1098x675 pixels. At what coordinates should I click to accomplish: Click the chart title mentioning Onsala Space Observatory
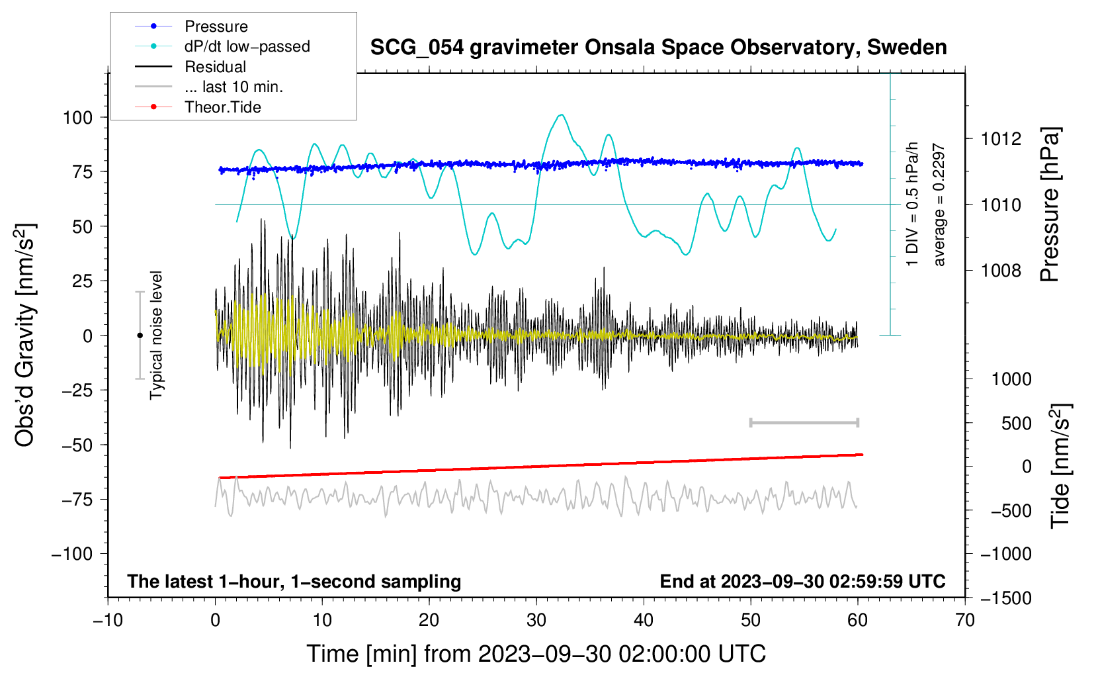coord(658,48)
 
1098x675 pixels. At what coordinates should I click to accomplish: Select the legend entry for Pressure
coord(216,26)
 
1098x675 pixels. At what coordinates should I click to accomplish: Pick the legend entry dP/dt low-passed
coord(247,46)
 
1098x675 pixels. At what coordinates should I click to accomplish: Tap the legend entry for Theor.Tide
coord(222,107)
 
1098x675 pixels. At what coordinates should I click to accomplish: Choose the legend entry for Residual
coord(215,67)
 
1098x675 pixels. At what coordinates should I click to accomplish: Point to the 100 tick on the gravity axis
coord(77,118)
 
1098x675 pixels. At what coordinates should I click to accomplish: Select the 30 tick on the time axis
coord(536,620)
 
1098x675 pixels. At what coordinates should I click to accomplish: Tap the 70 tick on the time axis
coord(965,620)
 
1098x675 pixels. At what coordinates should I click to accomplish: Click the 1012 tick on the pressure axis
coord(1001,139)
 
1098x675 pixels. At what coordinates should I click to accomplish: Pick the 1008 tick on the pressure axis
coord(1001,270)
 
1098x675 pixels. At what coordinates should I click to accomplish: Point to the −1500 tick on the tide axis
coord(1005,598)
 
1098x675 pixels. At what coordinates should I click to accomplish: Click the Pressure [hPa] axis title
coord(1050,205)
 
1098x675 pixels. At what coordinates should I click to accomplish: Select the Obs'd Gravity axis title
coord(25,336)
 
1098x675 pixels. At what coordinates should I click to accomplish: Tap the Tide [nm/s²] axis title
coord(1060,467)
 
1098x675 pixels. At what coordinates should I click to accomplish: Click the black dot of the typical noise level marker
coord(140,336)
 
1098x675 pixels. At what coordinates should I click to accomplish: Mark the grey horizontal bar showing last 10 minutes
coord(804,422)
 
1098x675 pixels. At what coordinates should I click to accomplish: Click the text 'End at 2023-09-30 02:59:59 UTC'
coord(802,582)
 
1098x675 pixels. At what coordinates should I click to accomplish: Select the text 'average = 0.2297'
coord(939,205)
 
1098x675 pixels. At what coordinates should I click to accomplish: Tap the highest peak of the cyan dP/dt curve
coord(562,115)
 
